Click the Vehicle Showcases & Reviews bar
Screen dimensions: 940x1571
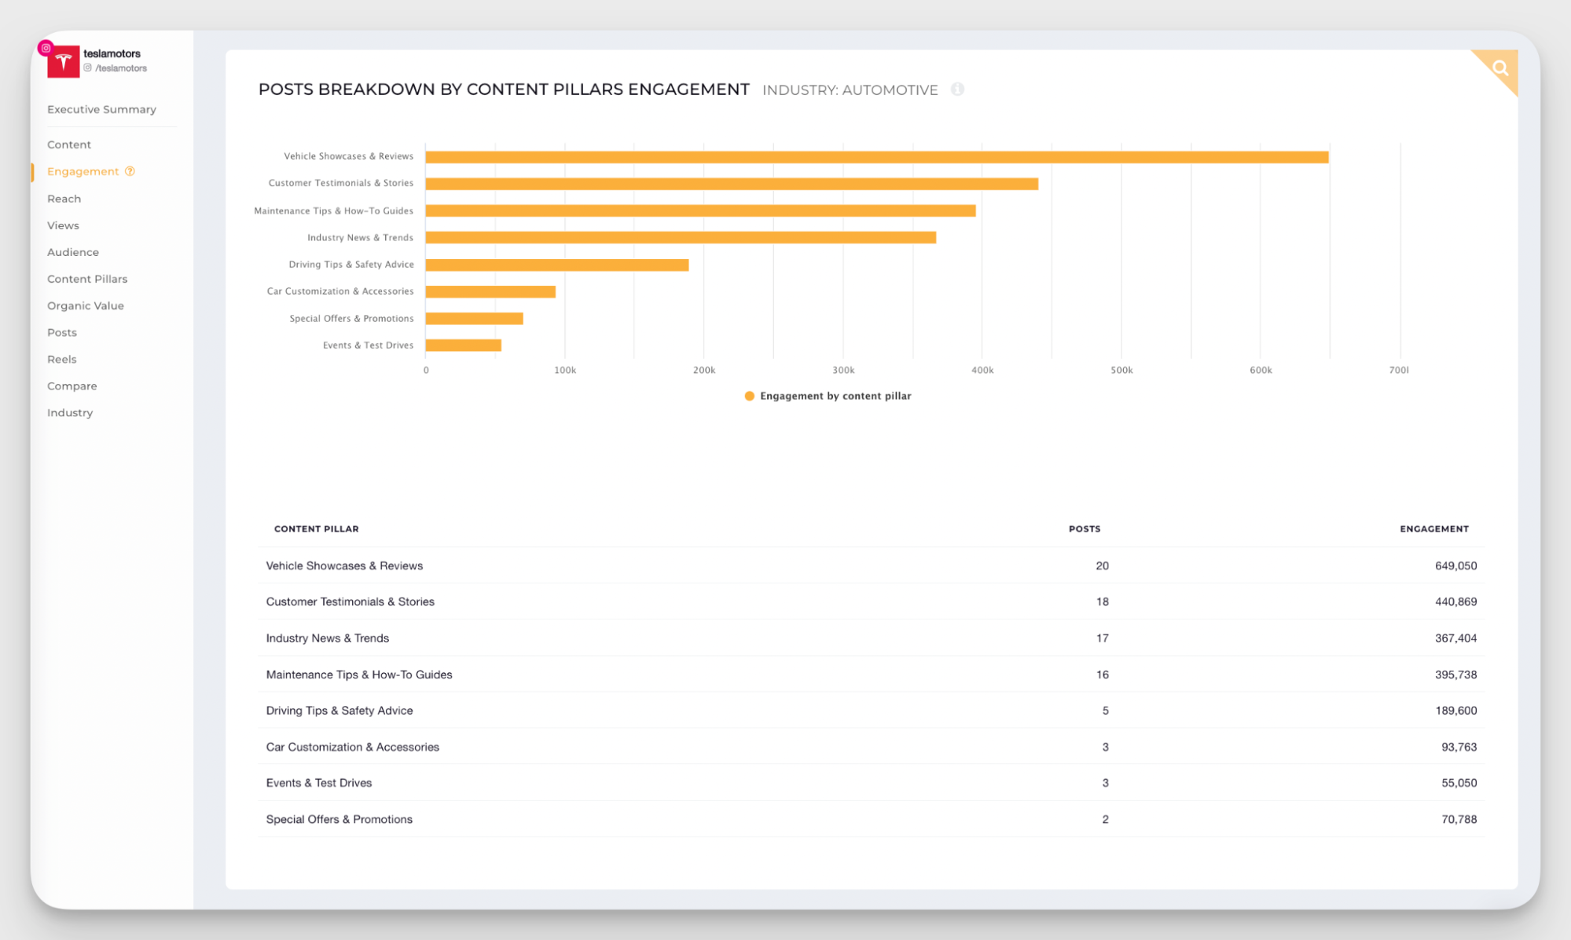point(876,157)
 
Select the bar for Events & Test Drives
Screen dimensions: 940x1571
point(463,346)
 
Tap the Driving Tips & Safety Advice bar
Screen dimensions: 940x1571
point(556,265)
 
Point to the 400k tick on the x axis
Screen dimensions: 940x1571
point(982,371)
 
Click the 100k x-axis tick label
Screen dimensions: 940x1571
point(565,371)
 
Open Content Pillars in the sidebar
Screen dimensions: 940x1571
point(87,280)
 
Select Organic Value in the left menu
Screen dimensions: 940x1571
point(86,306)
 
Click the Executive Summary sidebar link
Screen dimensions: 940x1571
point(101,110)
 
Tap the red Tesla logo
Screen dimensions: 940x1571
point(63,62)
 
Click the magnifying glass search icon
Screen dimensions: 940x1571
point(1500,68)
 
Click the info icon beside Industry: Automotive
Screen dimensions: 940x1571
point(957,90)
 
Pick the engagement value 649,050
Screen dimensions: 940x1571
point(1455,566)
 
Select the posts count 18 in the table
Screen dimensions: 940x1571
point(1102,602)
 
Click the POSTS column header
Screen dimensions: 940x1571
point(1085,529)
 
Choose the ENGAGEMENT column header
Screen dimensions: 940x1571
point(1433,529)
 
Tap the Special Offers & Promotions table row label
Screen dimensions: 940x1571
point(340,820)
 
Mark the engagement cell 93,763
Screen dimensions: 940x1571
point(1459,748)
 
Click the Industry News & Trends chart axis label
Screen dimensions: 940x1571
point(360,238)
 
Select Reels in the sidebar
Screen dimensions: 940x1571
point(62,360)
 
